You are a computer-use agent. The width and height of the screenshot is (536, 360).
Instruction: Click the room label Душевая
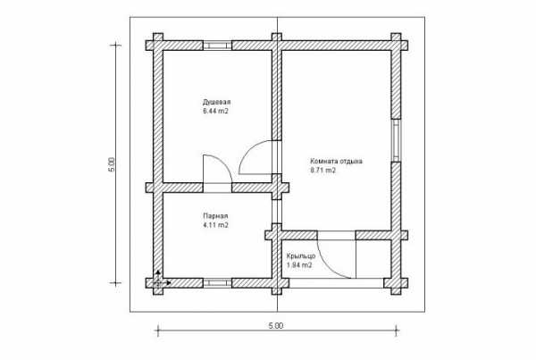tap(217, 102)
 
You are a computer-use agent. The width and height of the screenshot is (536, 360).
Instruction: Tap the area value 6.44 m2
tap(215, 111)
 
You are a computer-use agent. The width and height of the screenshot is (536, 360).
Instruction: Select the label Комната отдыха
tap(336, 161)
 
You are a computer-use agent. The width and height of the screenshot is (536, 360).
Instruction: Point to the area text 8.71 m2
tap(323, 171)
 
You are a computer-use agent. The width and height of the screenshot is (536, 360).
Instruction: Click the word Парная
tap(215, 216)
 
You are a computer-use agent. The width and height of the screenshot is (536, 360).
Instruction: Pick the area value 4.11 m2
tap(215, 225)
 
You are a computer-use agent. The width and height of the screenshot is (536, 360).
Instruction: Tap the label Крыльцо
tap(301, 256)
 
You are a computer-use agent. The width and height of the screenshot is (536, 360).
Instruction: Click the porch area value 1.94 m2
tap(299, 265)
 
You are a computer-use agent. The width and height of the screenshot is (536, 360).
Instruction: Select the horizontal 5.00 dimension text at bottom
tap(275, 326)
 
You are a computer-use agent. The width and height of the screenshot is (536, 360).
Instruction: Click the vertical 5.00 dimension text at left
tap(112, 164)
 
